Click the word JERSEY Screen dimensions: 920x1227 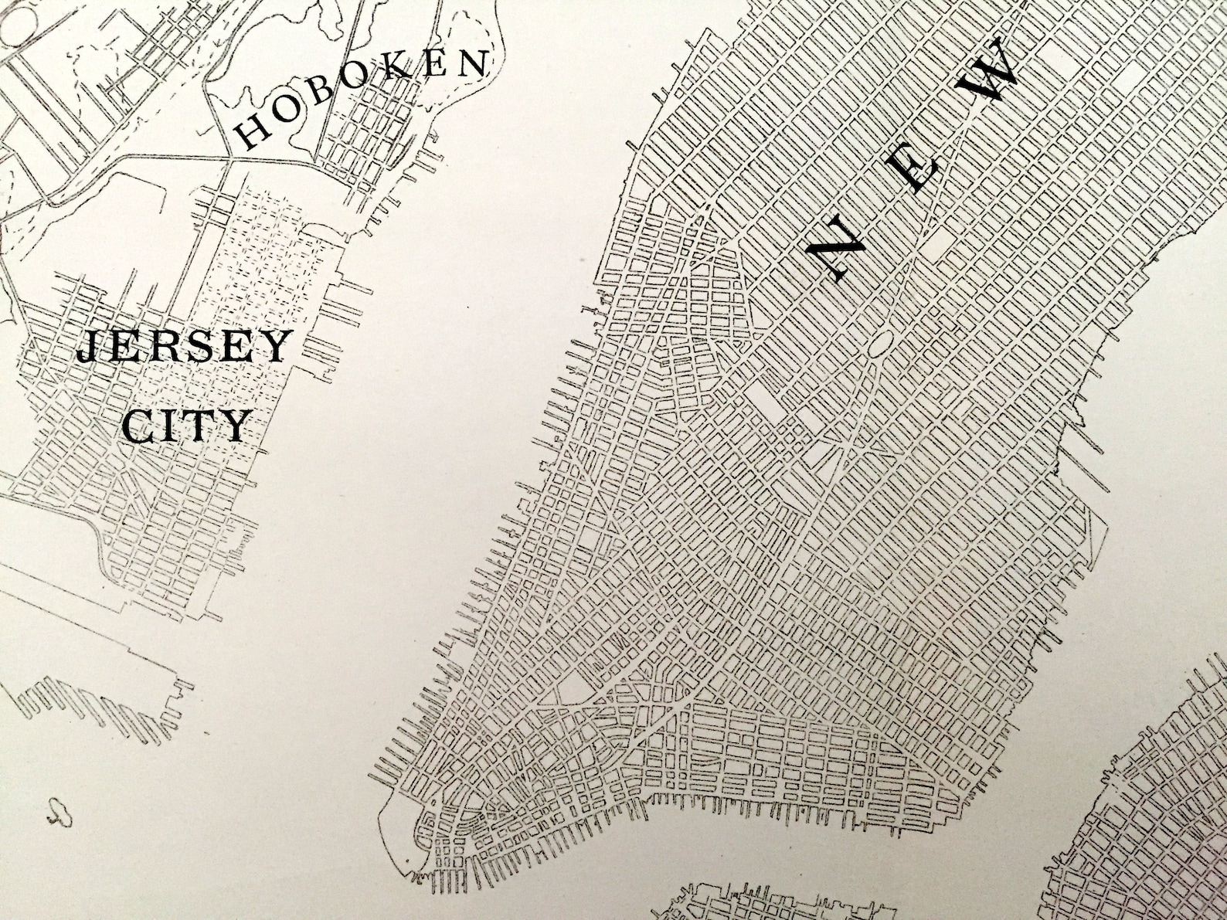(x=184, y=348)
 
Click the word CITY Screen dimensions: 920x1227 (x=188, y=425)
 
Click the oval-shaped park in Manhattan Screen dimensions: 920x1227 (x=881, y=345)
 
